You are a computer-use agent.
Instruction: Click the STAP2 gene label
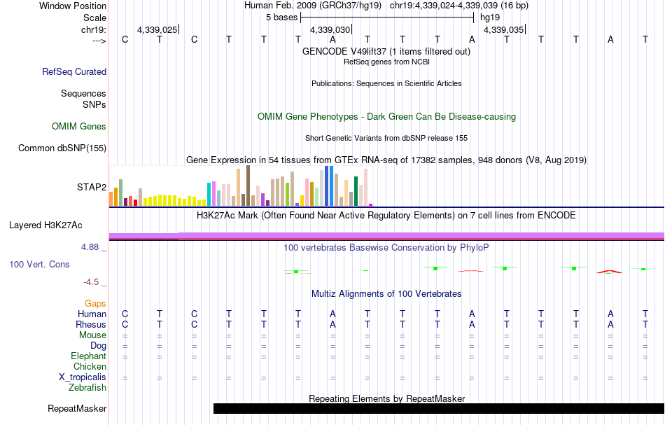pyautogui.click(x=91, y=187)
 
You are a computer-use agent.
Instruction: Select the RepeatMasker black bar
pyautogui.click(x=438, y=408)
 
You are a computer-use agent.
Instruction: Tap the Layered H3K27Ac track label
pyautogui.click(x=45, y=225)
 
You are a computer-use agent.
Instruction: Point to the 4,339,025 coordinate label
pyautogui.click(x=157, y=30)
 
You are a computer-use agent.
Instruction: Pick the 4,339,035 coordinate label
pyautogui.click(x=503, y=30)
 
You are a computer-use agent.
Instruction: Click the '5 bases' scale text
pyautogui.click(x=281, y=17)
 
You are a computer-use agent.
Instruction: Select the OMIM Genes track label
pyautogui.click(x=79, y=127)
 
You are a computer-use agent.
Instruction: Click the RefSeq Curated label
pyautogui.click(x=74, y=71)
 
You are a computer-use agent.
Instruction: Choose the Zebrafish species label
pyautogui.click(x=87, y=387)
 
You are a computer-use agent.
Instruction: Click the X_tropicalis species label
pyautogui.click(x=83, y=377)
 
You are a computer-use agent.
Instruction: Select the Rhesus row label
pyautogui.click(x=91, y=325)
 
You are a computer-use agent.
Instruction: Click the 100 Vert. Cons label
pyautogui.click(x=39, y=265)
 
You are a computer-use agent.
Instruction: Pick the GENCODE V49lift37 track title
pyautogui.click(x=386, y=51)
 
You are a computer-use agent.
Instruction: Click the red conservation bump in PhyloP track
pyautogui.click(x=608, y=271)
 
